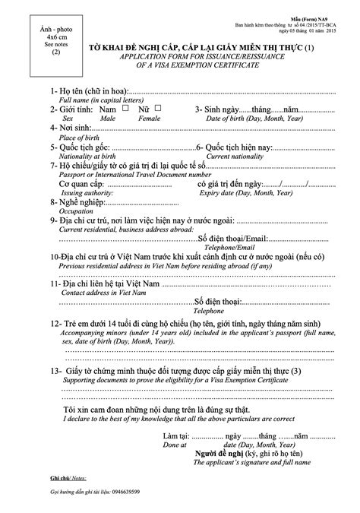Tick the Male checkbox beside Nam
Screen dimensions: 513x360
(115, 109)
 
